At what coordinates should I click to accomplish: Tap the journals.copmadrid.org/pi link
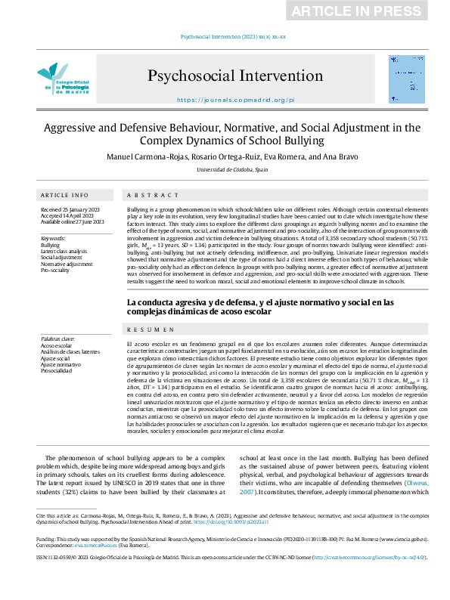(235, 100)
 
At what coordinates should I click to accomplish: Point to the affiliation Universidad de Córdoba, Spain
(232, 170)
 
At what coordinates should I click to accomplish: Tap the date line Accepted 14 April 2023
(67, 215)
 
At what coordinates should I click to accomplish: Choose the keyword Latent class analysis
(64, 252)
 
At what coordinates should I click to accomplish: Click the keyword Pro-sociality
(55, 270)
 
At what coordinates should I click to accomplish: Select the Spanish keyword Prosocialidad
(57, 371)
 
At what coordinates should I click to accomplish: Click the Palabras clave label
(57, 339)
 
